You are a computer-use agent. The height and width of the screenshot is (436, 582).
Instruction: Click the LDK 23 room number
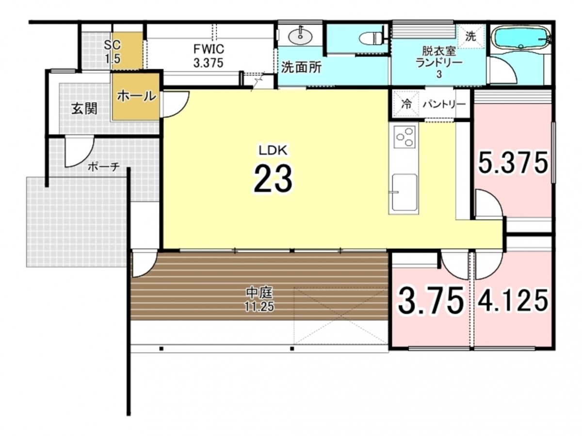point(273,179)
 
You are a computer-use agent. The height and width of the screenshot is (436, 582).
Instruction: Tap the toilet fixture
point(371,38)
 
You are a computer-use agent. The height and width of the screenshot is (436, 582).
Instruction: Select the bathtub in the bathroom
point(520,39)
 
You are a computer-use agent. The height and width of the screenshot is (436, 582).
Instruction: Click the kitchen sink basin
point(404,192)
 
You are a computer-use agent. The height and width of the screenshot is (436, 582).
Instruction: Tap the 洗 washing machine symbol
point(470,36)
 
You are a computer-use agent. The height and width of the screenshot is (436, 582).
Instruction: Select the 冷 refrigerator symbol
point(406,104)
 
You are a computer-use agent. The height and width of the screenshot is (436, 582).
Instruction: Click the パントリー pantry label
point(444,104)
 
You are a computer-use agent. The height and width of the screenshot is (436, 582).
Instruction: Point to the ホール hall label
point(136,96)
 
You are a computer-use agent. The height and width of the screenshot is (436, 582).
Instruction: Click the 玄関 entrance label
point(84,108)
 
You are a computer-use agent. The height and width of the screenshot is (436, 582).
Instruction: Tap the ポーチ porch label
point(104,167)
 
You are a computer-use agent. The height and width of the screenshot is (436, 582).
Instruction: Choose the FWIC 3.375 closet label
point(209,56)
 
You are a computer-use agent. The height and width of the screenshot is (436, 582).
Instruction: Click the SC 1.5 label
point(113,52)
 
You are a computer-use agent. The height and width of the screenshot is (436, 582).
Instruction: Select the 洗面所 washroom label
point(301,67)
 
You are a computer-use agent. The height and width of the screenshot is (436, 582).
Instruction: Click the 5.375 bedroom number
point(513,163)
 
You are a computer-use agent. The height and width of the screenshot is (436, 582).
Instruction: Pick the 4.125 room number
point(513,300)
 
